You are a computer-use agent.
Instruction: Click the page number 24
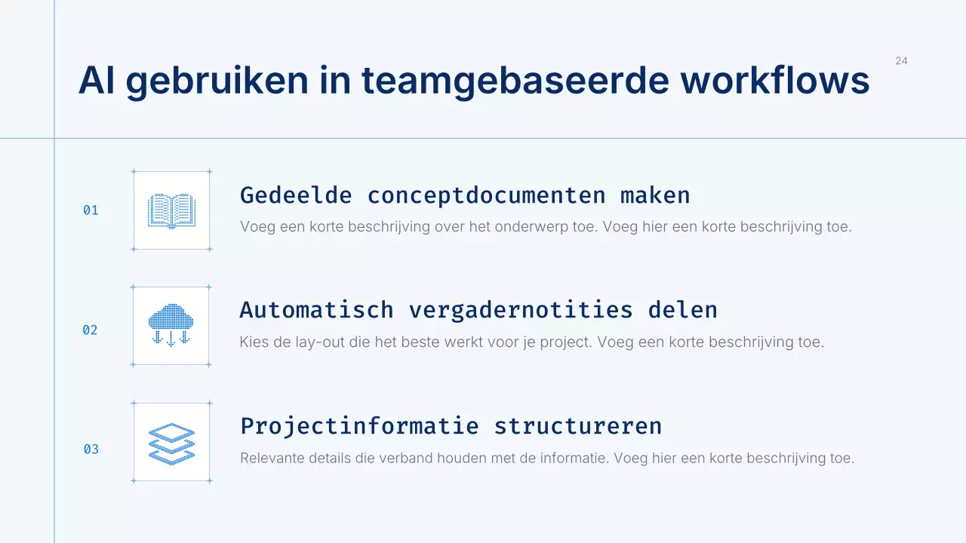[x=901, y=61]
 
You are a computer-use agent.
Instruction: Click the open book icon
[x=171, y=210]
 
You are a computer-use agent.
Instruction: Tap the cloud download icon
[x=171, y=325]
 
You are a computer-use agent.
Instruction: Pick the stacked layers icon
[x=171, y=443]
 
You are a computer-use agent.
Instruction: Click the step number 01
[x=91, y=210]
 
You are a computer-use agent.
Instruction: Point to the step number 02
[x=90, y=330]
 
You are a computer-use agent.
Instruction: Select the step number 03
[x=91, y=449]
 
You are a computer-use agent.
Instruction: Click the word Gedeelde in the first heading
[x=296, y=195]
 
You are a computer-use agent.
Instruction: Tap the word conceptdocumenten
[x=486, y=195]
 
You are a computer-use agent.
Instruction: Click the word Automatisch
[x=316, y=310]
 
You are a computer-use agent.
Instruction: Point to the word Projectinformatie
[x=359, y=426]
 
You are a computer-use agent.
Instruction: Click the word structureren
[x=578, y=426]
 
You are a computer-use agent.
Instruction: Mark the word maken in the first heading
[x=655, y=195]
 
